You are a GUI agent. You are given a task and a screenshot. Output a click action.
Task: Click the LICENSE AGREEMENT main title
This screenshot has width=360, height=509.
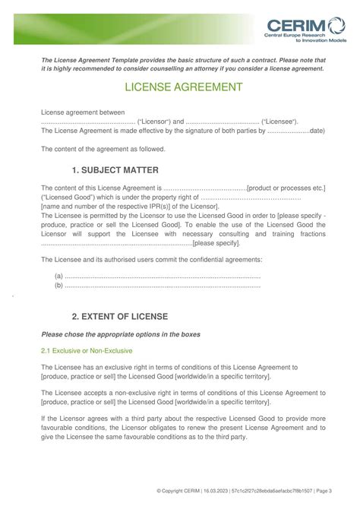click(x=179, y=87)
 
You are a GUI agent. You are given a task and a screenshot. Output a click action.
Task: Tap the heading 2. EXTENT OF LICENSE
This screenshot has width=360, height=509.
click(x=119, y=315)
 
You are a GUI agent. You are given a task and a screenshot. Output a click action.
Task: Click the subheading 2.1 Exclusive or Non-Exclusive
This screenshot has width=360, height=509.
click(x=87, y=350)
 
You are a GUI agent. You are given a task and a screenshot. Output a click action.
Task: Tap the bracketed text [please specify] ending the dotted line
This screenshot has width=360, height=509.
click(x=216, y=243)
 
